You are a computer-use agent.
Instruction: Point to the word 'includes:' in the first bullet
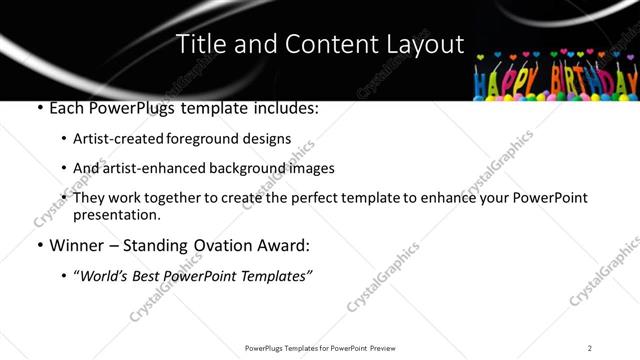(x=283, y=108)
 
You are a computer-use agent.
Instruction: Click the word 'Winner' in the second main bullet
(x=76, y=245)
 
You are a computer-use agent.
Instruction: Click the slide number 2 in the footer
(x=590, y=348)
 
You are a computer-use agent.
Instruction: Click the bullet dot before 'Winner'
(x=38, y=245)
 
